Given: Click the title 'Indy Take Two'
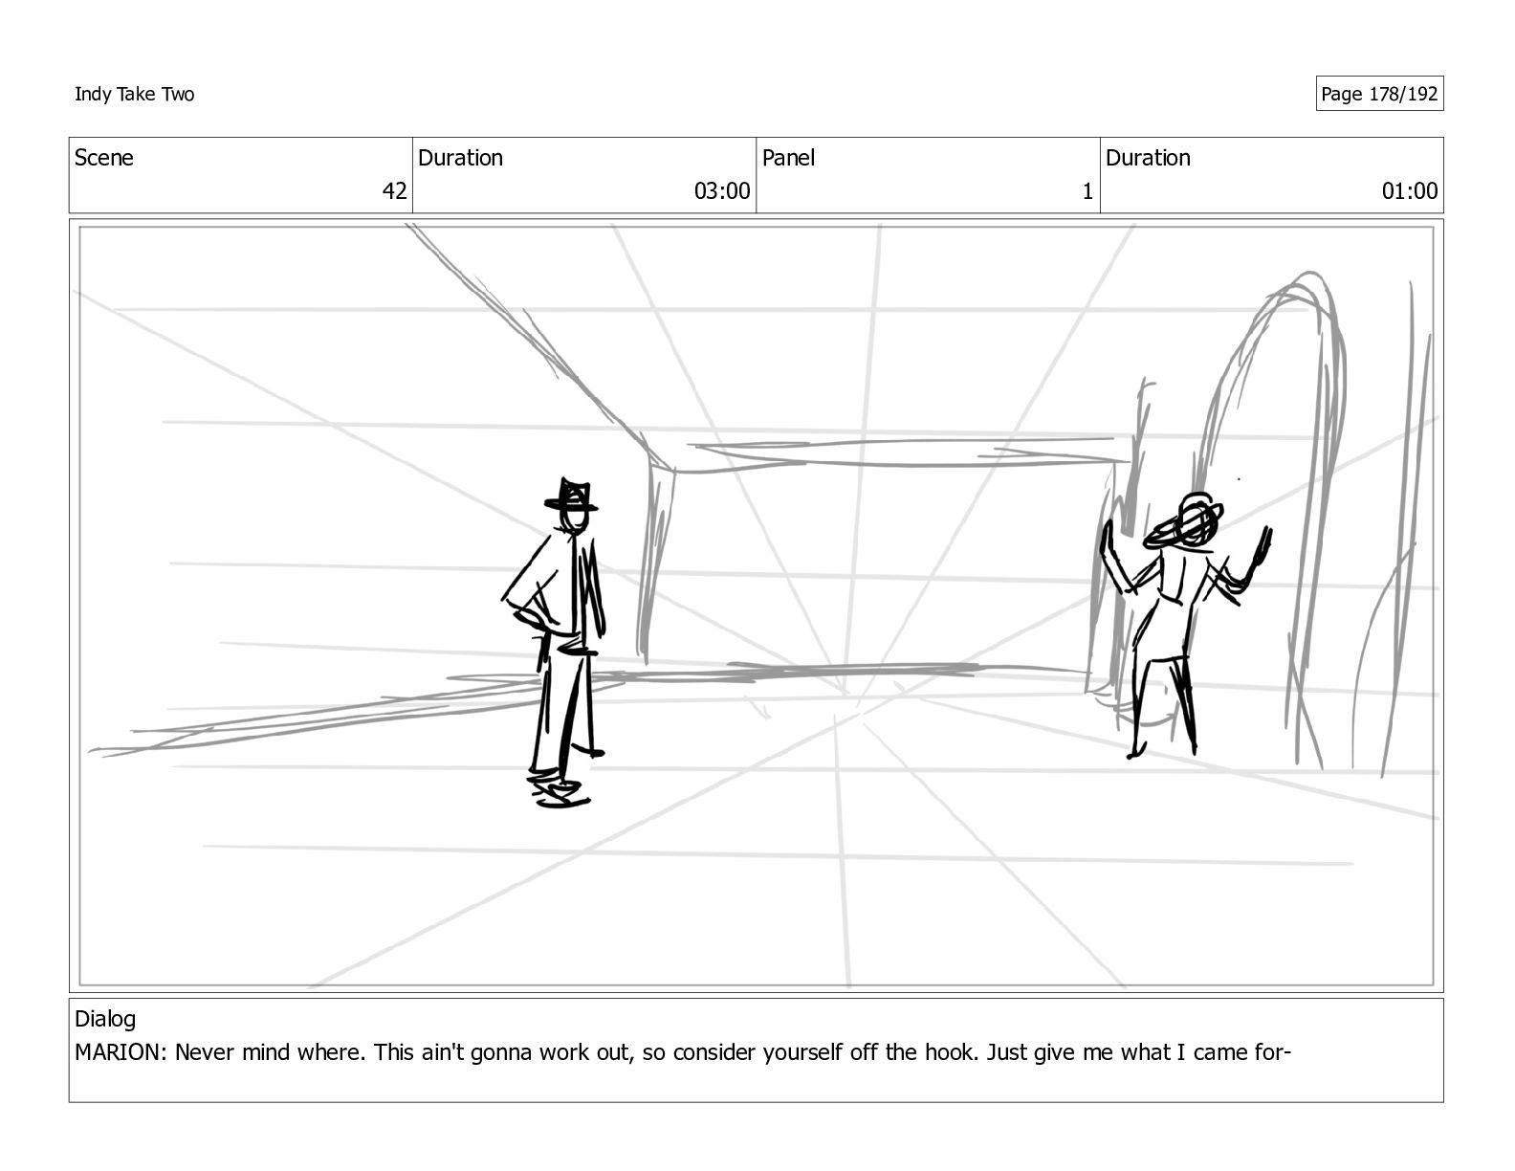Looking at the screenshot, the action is tap(134, 94).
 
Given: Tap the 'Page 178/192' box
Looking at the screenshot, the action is tap(1378, 94).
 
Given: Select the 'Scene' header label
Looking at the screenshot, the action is tap(103, 158).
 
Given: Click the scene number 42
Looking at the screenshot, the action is tap(394, 191).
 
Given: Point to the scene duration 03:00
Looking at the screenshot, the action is tap(722, 191).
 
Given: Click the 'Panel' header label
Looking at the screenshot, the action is tap(788, 158).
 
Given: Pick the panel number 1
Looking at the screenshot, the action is tap(1087, 191).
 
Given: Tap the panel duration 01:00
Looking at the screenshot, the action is tap(1409, 191).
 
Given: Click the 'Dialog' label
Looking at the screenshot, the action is tap(105, 1019).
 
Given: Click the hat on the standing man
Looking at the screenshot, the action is tap(571, 497).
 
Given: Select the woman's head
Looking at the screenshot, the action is tap(1196, 517).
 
